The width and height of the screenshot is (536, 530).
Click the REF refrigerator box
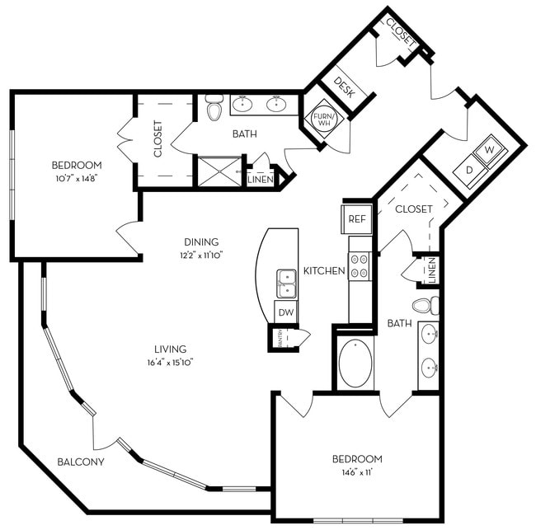(356, 218)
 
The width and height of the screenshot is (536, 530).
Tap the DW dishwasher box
(285, 312)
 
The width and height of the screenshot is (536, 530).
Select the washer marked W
(489, 150)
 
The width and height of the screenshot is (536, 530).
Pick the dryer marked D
(470, 169)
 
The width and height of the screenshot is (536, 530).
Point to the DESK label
(344, 88)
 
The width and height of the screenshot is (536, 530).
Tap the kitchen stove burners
(360, 265)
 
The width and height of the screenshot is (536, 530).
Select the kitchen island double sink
(286, 283)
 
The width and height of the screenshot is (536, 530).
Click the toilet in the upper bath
(214, 108)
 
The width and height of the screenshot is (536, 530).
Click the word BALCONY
(81, 462)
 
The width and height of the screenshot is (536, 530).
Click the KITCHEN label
(323, 270)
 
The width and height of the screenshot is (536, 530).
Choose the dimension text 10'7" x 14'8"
(76, 177)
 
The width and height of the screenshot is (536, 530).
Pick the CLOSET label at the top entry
(401, 32)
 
